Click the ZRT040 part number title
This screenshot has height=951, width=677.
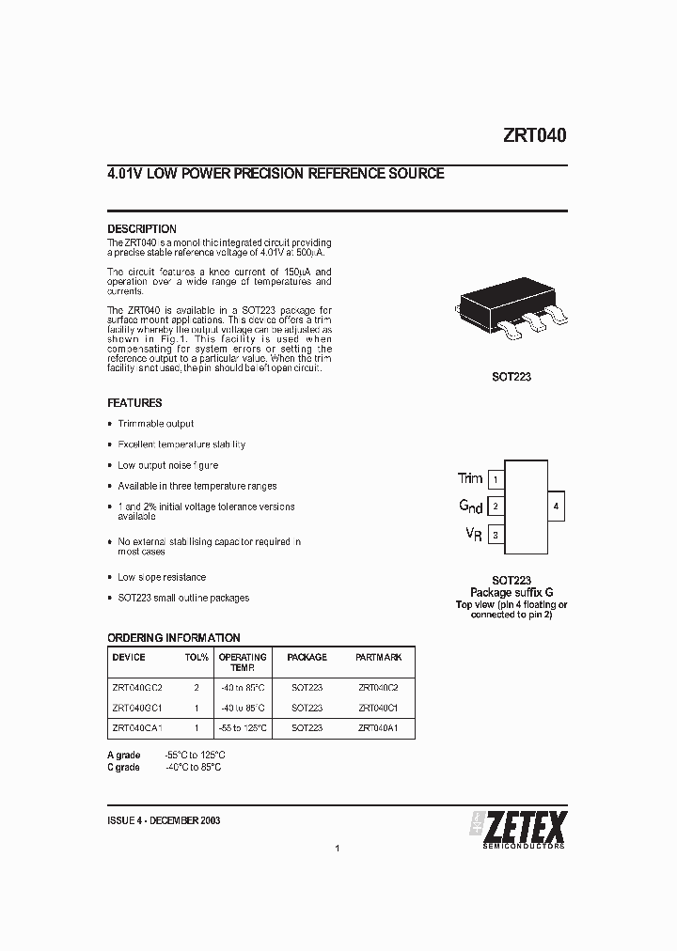(x=533, y=134)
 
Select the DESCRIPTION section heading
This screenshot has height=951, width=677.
(x=141, y=228)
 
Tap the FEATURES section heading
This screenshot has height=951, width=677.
(x=134, y=402)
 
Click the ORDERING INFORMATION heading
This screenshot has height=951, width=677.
(x=173, y=637)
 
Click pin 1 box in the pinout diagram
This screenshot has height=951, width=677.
(x=496, y=480)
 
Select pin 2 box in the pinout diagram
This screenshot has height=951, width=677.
(x=496, y=507)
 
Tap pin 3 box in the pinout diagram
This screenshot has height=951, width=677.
(x=496, y=536)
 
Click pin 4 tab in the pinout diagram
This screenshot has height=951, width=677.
(x=556, y=507)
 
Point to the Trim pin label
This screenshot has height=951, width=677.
(x=469, y=478)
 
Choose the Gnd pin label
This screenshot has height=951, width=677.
(x=470, y=507)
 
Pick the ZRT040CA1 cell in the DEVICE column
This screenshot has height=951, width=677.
(x=137, y=727)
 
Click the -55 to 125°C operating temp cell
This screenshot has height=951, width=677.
(x=243, y=727)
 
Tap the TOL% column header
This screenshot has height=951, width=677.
(x=197, y=658)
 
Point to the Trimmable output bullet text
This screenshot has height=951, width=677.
(x=155, y=424)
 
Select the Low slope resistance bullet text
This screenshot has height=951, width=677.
(x=161, y=577)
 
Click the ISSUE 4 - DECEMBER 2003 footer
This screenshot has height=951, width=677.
(x=164, y=819)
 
